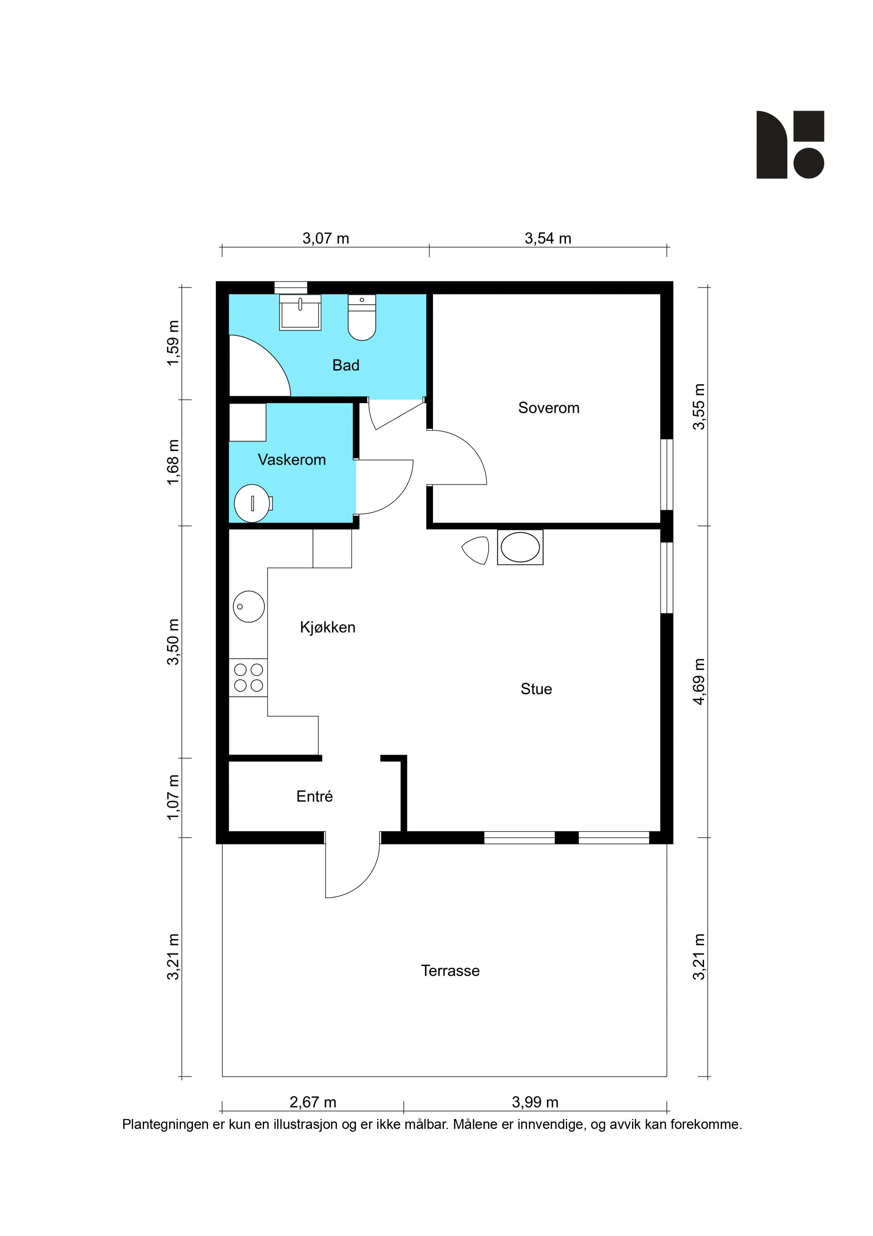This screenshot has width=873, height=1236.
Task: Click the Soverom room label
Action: (549, 408)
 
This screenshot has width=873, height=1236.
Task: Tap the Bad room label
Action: (346, 365)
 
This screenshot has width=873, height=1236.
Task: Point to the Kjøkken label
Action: (328, 627)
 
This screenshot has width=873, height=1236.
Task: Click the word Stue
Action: (536, 689)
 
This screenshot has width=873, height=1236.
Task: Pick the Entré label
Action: (315, 796)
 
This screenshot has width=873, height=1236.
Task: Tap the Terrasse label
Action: (450, 971)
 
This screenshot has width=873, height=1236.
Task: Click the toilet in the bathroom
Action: (362, 317)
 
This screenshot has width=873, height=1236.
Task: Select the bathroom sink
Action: (300, 312)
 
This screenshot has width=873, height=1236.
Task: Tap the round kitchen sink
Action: (249, 607)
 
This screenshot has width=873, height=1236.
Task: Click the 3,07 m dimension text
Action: (326, 239)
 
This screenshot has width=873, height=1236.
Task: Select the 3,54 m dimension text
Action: (548, 239)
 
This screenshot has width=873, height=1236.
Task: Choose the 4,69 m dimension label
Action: (699, 681)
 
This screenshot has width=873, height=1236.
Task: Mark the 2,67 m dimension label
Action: (313, 1102)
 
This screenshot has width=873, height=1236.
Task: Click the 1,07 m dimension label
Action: (172, 797)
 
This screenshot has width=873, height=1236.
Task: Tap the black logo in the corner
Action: (790, 145)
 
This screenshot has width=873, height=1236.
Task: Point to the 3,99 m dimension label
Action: (535, 1102)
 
